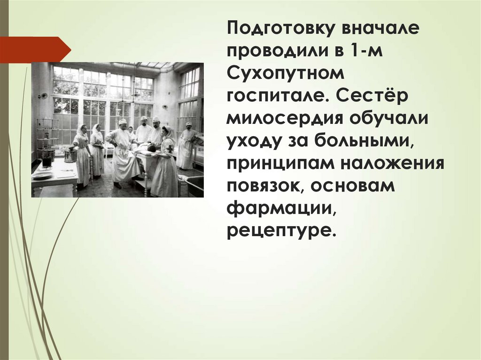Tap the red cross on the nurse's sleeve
[170, 149]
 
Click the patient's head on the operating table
[151, 148]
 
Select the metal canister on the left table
[70, 155]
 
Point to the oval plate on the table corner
[43, 175]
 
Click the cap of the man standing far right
[189, 124]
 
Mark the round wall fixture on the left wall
[43, 96]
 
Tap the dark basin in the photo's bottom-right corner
[194, 185]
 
